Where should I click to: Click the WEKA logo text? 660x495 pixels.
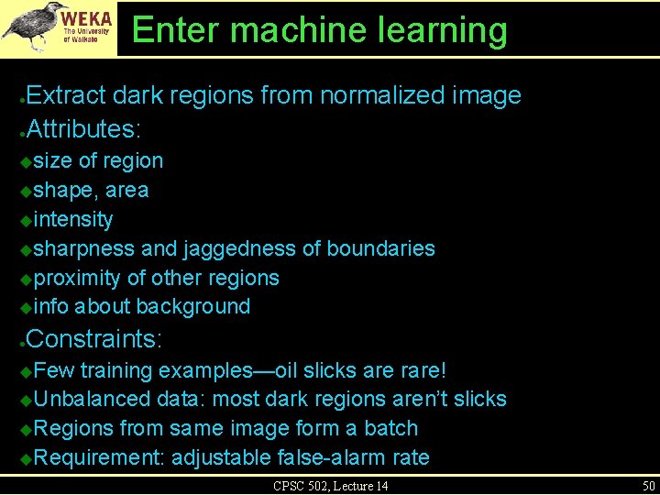(87, 16)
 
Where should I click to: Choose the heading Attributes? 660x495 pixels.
(86, 127)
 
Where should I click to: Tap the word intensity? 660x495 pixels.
(73, 220)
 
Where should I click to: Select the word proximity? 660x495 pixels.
(77, 278)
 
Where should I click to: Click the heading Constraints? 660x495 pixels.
(94, 339)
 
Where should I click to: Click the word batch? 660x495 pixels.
(390, 428)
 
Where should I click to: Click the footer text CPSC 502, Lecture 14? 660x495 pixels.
(330, 485)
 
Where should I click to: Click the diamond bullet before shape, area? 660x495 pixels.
(26, 192)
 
